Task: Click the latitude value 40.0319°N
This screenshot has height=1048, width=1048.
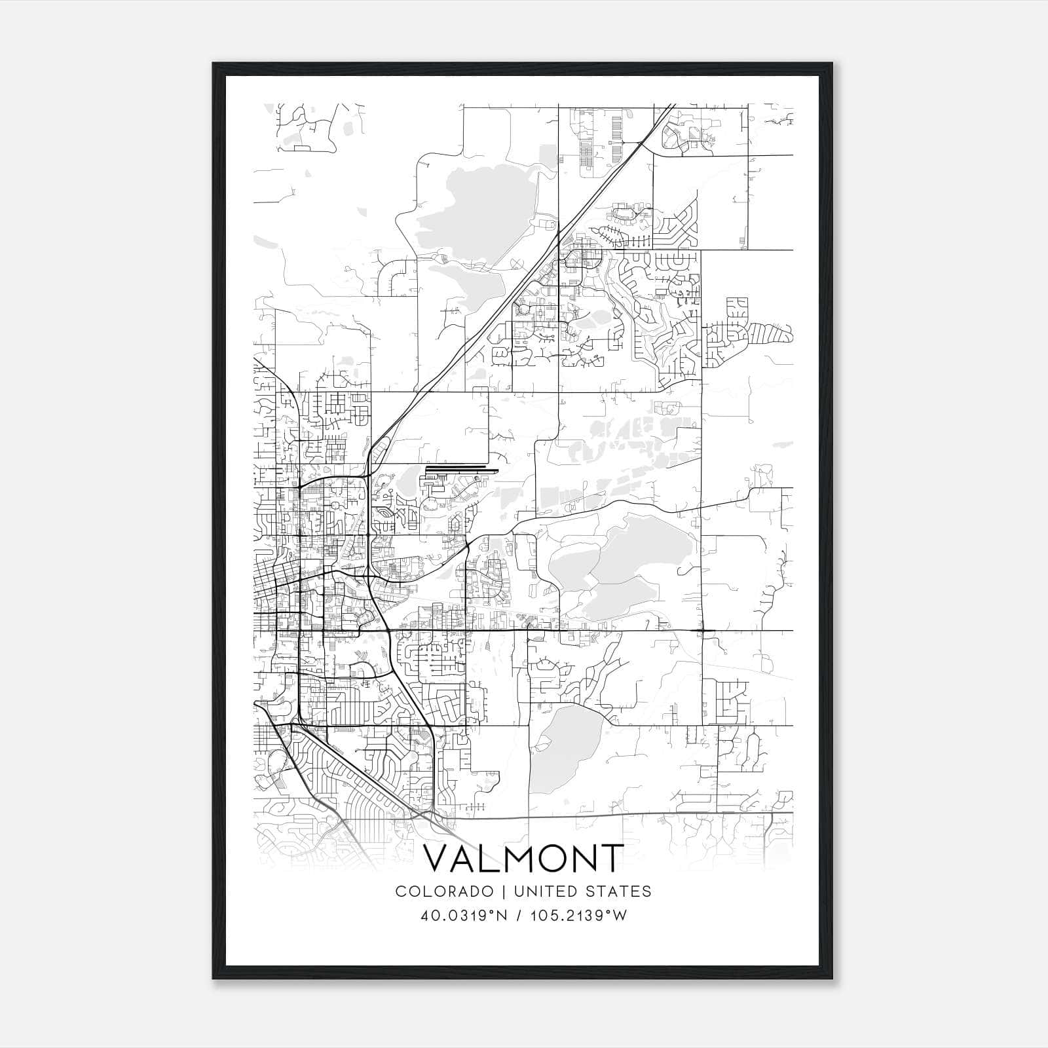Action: click(465, 916)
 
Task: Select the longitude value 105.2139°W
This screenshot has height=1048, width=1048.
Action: click(580, 916)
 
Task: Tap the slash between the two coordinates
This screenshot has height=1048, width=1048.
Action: click(518, 916)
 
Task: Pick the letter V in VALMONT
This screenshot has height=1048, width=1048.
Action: click(440, 859)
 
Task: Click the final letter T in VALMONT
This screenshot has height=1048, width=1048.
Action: click(610, 859)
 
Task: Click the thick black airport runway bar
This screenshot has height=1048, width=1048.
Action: click(461, 468)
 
